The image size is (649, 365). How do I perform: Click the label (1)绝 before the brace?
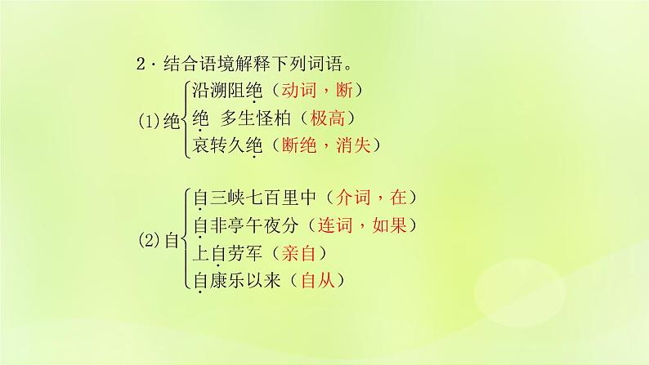pyautogui.click(x=158, y=119)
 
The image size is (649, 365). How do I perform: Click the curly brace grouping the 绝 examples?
pyautogui.click(x=185, y=118)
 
